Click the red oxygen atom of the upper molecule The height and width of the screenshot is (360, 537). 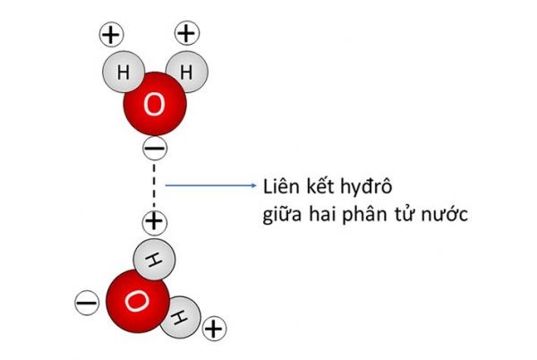click(155, 104)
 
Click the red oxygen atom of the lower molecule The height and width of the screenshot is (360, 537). click(138, 301)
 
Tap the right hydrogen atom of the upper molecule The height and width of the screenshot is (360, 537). click(188, 72)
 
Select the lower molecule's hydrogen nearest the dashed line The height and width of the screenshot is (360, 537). click(154, 260)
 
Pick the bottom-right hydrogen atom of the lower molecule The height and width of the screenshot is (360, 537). click(182, 318)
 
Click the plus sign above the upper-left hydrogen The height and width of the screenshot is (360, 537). click(111, 35)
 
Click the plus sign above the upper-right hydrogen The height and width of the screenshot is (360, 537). click(187, 33)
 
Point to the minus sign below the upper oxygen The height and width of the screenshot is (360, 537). click(155, 149)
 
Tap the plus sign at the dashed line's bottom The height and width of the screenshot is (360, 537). click(155, 222)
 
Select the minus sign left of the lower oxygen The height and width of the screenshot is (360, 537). click(87, 303)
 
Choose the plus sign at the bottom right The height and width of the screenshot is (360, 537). click(215, 329)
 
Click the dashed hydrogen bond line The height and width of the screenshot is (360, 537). click(154, 185)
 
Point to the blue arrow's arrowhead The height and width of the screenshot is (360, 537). click(254, 185)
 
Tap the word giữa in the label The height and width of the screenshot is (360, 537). click(282, 215)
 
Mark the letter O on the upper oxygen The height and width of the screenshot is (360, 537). click(154, 105)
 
